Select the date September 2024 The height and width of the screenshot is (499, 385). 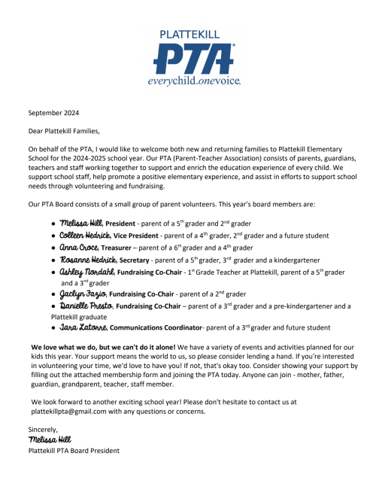[53, 113]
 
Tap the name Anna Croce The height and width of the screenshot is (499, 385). [80, 247]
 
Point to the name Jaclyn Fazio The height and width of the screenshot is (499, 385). [85, 295]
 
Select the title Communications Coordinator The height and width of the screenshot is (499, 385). [162, 328]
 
